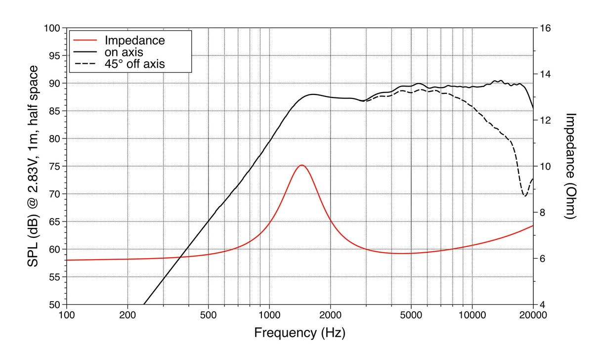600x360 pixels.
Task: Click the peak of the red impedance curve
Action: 301,165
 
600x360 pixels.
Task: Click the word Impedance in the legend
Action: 134,41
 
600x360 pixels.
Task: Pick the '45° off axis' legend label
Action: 134,64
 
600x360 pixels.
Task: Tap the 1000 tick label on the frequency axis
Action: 269,315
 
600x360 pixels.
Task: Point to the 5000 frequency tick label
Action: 411,315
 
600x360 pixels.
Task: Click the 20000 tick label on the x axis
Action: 533,315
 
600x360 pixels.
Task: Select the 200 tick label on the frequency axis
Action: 128,315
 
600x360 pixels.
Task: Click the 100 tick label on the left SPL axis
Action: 52,28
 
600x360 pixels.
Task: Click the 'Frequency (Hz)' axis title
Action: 300,332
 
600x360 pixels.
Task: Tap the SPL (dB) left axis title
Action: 33,166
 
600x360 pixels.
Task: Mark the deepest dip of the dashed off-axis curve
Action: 525,196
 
